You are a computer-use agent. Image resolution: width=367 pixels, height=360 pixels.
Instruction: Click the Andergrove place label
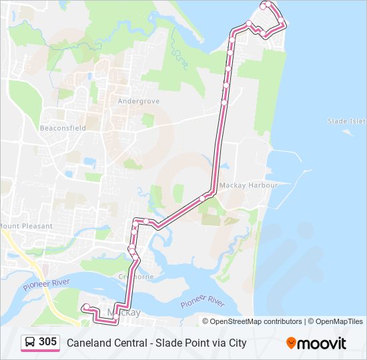(x=138, y=101)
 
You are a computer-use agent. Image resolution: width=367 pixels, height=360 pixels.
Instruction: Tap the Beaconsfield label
(x=63, y=128)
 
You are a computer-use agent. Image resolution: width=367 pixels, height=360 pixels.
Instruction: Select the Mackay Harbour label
(x=248, y=185)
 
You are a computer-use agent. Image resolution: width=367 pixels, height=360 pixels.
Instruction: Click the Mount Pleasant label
(x=27, y=226)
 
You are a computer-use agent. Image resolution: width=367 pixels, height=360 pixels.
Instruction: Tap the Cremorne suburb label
(x=136, y=277)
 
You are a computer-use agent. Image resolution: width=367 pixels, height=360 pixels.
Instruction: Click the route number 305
(x=47, y=342)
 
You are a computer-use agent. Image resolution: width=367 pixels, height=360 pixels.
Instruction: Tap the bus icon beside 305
(x=30, y=343)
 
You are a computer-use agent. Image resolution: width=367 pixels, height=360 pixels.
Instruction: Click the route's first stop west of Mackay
(x=85, y=307)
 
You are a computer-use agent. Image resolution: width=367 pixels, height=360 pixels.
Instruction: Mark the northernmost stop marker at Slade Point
(x=266, y=5)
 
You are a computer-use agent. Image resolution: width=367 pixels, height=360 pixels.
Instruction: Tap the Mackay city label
(x=127, y=313)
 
